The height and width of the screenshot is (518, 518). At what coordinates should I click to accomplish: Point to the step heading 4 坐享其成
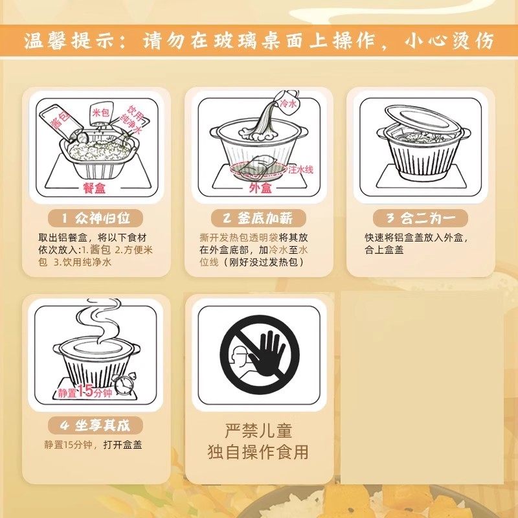click(96, 425)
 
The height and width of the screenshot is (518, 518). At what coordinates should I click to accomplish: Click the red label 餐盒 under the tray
click(96, 188)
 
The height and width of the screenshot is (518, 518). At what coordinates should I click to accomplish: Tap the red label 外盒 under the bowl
click(260, 188)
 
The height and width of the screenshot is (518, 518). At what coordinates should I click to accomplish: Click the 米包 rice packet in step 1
click(100, 113)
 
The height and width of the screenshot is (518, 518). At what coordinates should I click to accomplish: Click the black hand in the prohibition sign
click(265, 353)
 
